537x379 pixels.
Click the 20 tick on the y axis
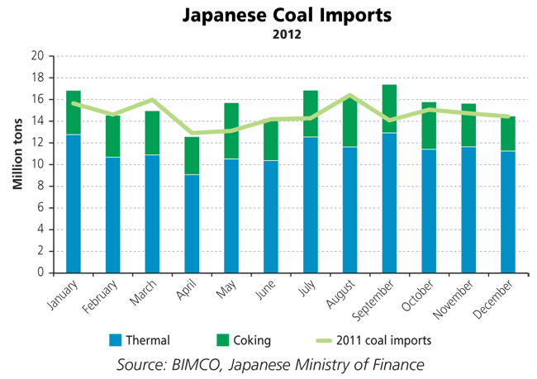[37, 56]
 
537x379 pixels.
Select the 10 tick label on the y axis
[37, 164]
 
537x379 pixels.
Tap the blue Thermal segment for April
[192, 223]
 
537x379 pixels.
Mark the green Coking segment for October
[429, 126]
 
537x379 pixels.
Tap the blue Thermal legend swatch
[116, 339]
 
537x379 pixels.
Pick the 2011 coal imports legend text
[385, 339]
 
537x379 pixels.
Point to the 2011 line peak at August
[350, 96]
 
